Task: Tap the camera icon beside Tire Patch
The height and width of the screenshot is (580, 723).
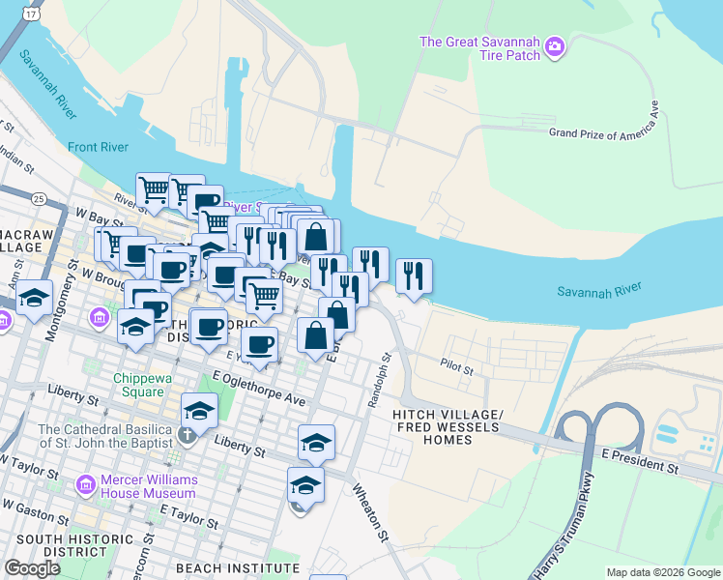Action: click(554, 45)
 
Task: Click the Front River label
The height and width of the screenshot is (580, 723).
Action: click(98, 147)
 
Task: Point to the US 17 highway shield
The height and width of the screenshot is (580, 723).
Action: click(33, 14)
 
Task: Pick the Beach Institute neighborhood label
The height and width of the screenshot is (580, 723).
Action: click(238, 567)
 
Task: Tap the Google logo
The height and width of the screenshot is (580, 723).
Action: click(33, 567)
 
